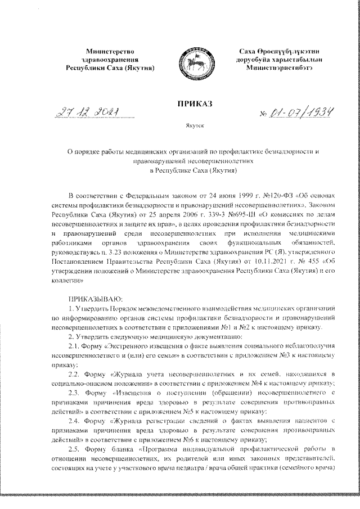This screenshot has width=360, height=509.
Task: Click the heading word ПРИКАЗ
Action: pyautogui.click(x=192, y=105)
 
